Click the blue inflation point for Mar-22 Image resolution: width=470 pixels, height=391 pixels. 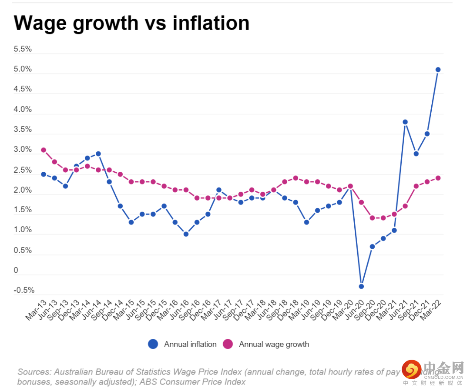438,70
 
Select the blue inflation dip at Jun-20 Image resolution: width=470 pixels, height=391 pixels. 361,286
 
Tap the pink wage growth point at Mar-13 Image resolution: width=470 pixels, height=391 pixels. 44,150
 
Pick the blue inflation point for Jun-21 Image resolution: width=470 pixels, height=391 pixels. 405,122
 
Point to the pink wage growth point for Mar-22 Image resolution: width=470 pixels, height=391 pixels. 438,178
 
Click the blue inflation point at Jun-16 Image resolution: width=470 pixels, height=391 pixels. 186,234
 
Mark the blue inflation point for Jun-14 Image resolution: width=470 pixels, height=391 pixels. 98,154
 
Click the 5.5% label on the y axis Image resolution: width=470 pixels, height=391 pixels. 23,49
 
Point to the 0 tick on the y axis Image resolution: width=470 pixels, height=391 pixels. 16,271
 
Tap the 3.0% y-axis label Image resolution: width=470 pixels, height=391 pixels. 23,150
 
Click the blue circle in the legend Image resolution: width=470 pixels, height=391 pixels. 153,344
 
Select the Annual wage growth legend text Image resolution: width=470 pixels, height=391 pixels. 274,344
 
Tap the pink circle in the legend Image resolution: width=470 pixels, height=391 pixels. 228,344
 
